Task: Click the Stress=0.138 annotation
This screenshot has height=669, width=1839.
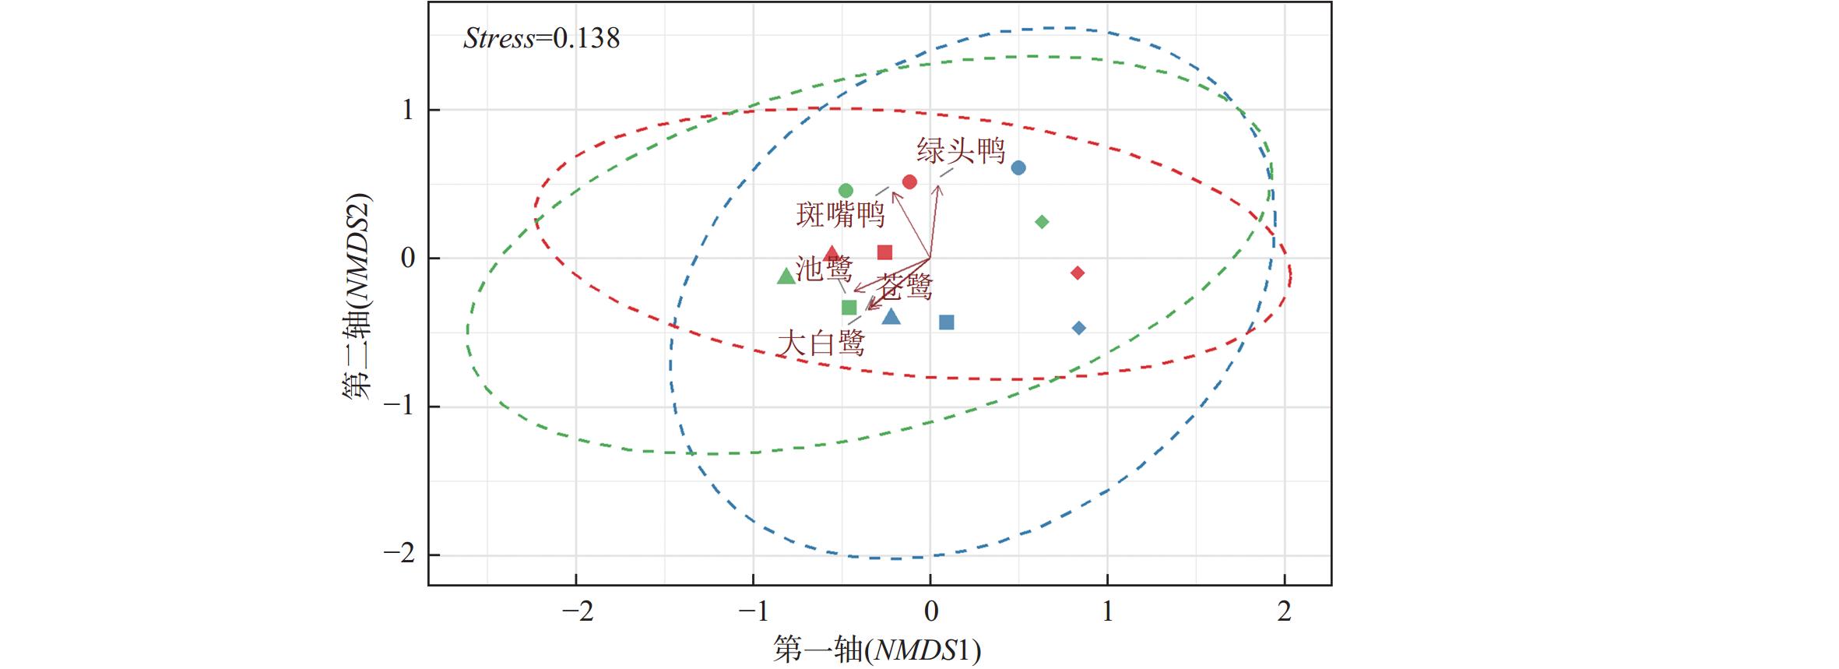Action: tap(541, 38)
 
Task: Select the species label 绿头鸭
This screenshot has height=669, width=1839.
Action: tap(961, 151)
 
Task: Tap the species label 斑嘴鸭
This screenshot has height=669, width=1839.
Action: tap(841, 215)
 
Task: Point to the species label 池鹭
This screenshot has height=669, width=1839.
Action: tap(825, 269)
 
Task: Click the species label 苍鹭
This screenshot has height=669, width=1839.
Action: tap(905, 287)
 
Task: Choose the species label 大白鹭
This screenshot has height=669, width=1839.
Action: tap(821, 343)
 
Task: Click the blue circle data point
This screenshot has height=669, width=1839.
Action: tap(1018, 167)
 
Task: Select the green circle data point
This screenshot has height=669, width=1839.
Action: tap(846, 191)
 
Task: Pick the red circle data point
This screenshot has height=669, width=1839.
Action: tap(909, 182)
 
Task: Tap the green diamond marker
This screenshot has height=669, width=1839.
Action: tap(1042, 222)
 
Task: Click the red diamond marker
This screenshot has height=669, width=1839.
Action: tap(1078, 273)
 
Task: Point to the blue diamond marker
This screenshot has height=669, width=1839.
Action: tap(1078, 328)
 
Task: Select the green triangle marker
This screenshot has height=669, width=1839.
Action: tap(786, 276)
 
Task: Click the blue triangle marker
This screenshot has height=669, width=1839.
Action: tap(891, 316)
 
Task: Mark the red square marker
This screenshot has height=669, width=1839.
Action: tap(884, 252)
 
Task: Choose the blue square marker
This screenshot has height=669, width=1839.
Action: tap(947, 322)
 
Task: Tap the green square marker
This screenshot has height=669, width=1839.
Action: tap(849, 308)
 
